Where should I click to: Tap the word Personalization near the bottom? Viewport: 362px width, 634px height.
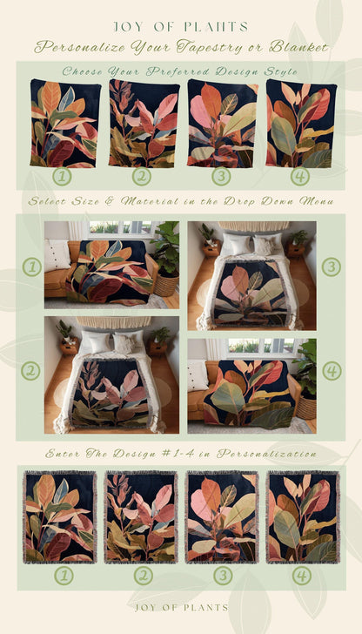point(266,454)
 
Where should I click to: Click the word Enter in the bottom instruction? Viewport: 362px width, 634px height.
point(59,454)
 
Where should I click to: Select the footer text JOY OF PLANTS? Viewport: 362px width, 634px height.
point(181,608)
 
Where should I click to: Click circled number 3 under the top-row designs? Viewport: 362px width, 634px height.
point(221,176)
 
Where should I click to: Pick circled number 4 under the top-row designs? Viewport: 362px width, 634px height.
point(299,176)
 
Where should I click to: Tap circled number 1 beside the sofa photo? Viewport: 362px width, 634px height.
point(32,266)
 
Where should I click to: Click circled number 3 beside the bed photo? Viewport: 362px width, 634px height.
point(332,266)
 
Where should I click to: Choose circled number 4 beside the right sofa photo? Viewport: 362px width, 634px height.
point(332,371)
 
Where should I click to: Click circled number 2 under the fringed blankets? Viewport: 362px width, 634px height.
point(143,576)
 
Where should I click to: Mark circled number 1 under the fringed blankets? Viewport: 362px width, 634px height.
point(64,576)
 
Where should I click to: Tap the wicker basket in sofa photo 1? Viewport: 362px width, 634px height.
point(166,285)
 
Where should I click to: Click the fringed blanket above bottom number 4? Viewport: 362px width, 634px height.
point(303,516)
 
